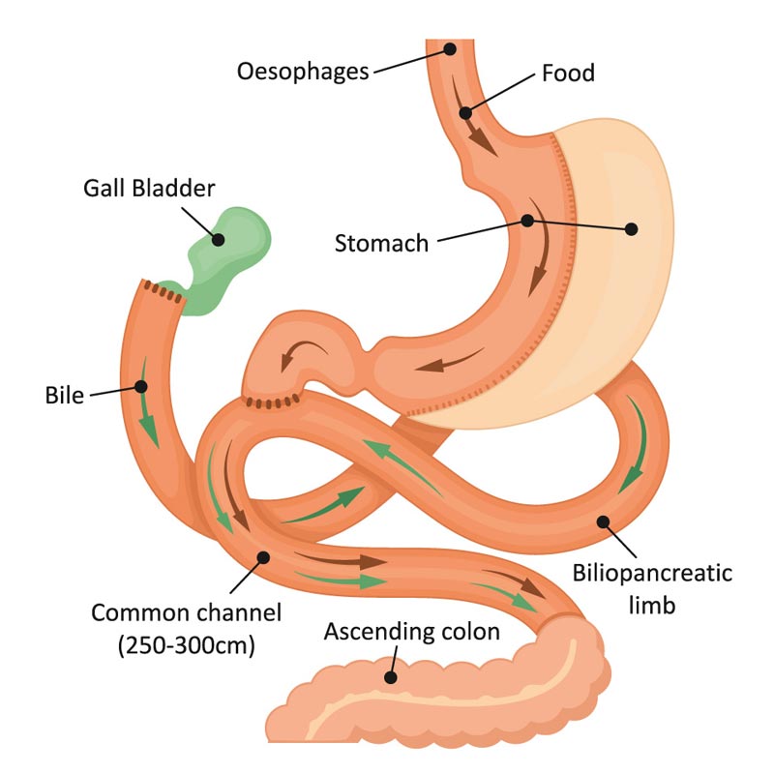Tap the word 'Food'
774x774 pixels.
568,73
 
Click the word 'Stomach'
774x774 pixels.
381,242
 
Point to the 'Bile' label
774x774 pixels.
66,395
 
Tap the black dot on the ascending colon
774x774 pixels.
391,677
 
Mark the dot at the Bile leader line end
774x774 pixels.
141,387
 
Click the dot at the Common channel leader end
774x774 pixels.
264,557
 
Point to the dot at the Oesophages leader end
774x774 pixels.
450,48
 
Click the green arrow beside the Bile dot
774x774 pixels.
148,426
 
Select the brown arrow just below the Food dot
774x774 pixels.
481,138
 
